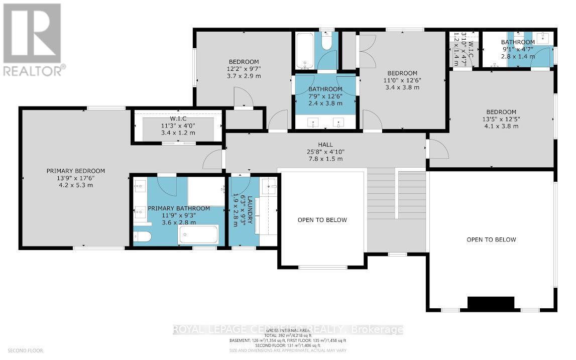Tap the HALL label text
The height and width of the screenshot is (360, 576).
[325, 145]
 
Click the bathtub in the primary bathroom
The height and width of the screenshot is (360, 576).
[199, 234]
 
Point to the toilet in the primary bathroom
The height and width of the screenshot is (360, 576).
[142, 237]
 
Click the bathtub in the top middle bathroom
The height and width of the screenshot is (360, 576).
[305, 51]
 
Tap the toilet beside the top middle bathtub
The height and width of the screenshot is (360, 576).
[326, 42]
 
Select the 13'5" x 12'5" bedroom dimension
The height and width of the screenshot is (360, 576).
[501, 119]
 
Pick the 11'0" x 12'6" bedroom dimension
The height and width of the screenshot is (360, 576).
[402, 80]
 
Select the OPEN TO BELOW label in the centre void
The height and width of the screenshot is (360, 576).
[322, 220]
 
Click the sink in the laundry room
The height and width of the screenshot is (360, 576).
[270, 186]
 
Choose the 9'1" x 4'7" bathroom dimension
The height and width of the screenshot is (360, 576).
[517, 50]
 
